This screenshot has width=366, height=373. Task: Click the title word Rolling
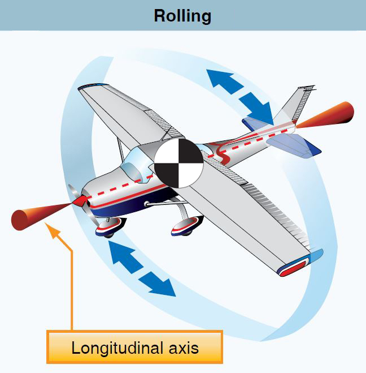pos(182,15)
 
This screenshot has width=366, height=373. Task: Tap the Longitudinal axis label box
pos(135,346)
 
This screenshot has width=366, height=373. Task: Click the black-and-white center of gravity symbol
pos(178,163)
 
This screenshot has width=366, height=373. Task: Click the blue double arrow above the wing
pos(241,96)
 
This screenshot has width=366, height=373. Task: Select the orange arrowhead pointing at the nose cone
pos(53,230)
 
